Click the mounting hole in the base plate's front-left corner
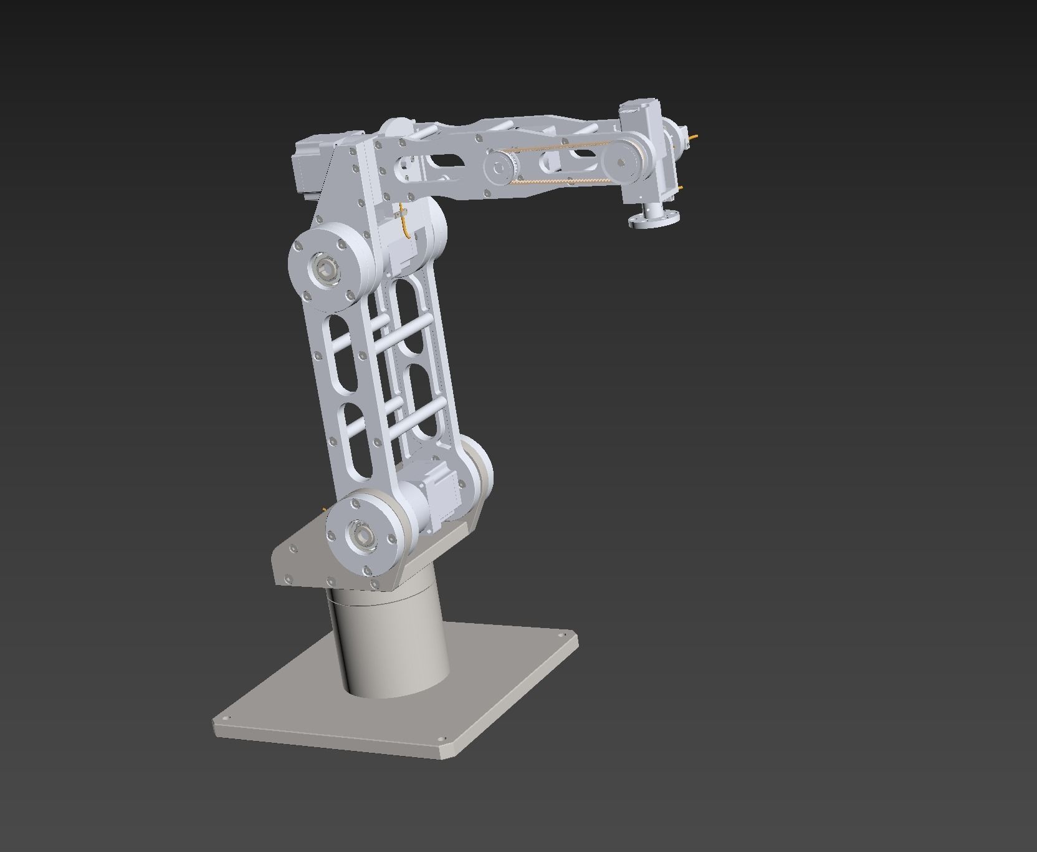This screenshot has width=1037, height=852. (x=226, y=719)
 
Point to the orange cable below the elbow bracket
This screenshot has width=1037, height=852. (x=406, y=225)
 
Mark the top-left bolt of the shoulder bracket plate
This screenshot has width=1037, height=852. (x=294, y=548)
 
